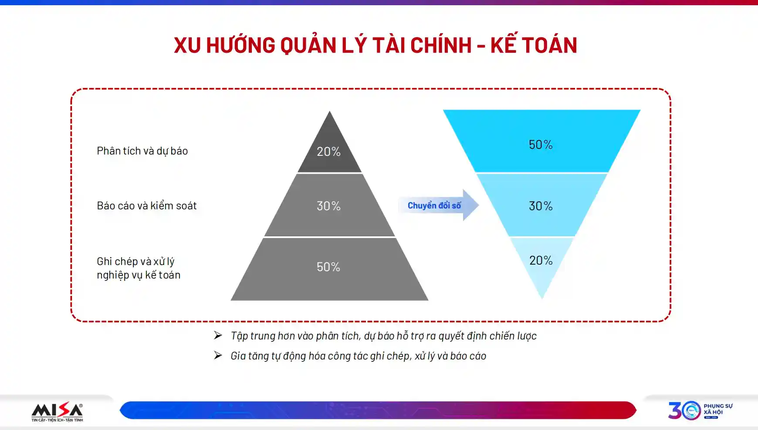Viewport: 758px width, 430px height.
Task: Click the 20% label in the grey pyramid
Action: pos(328,151)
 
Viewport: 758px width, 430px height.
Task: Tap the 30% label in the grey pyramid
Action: pos(328,206)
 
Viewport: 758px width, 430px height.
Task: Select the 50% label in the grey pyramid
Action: pos(328,267)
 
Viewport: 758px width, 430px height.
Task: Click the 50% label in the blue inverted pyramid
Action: pos(541,144)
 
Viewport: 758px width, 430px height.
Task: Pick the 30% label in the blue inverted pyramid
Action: pos(541,206)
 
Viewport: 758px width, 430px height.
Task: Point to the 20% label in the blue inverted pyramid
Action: pos(541,260)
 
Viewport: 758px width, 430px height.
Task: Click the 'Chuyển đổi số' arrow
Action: pos(438,205)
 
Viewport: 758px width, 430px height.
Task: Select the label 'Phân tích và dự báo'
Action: pos(142,151)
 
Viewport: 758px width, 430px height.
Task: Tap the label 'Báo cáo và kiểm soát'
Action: pos(147,205)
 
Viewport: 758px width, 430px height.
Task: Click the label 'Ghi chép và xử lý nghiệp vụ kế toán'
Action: pos(139,268)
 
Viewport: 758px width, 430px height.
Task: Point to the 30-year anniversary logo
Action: pos(684,410)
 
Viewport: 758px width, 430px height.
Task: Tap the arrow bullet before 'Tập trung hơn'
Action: pos(218,335)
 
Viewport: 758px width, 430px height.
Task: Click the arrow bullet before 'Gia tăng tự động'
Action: pos(218,356)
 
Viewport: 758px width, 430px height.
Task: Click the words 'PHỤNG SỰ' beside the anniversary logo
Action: pos(718,406)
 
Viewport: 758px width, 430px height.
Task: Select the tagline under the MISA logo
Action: pos(57,420)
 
